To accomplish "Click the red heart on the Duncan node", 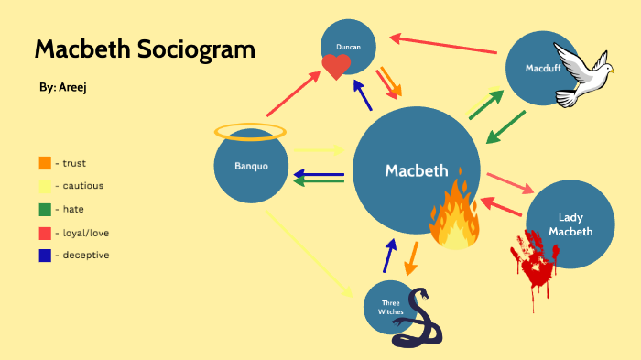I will pos(336,66).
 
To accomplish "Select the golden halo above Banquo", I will pos(250,132).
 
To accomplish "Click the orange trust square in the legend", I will pos(45,163).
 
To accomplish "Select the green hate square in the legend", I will pos(45,209).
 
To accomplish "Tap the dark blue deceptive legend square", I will pos(45,255).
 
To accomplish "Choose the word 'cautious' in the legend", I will pos(83,186).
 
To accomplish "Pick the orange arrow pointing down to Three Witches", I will pos(411,257).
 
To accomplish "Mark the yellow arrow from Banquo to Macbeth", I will pos(317,149).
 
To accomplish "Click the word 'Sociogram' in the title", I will pos(201,49).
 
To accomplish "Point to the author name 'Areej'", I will pos(74,87).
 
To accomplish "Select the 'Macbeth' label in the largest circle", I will pos(417,170).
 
